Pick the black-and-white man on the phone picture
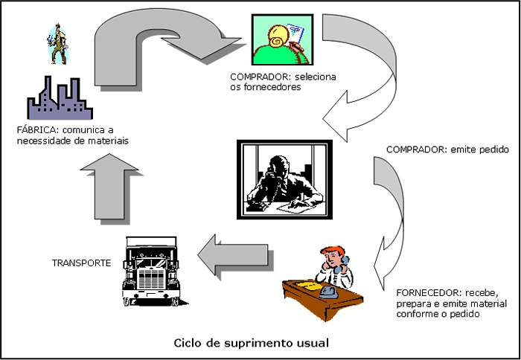pos(281,178)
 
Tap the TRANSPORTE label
pos(81,263)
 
